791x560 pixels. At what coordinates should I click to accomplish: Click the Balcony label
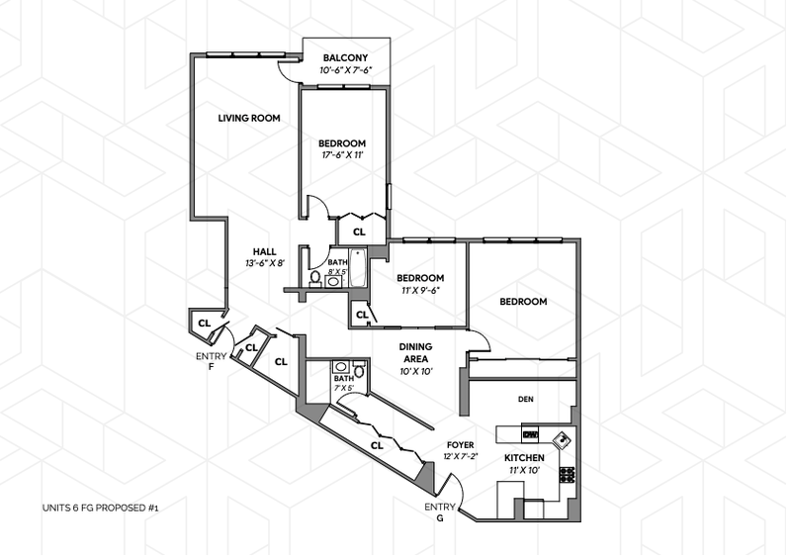tap(345, 57)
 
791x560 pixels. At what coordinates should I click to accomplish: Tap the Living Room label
tap(249, 119)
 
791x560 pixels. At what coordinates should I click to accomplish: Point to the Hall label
tap(264, 251)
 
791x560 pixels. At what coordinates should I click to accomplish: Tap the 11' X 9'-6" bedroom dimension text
tap(420, 291)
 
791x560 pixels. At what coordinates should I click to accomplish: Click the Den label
tap(526, 400)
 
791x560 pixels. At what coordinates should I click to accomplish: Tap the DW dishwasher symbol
tap(529, 434)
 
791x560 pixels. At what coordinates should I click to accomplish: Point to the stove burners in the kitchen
tap(568, 474)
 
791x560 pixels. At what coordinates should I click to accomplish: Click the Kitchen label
tap(524, 458)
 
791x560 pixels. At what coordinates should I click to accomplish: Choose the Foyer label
tap(462, 444)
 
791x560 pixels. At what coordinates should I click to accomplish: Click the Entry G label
tap(440, 513)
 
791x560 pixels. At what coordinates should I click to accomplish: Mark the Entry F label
tap(212, 360)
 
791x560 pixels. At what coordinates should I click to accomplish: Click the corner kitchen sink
tap(561, 439)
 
